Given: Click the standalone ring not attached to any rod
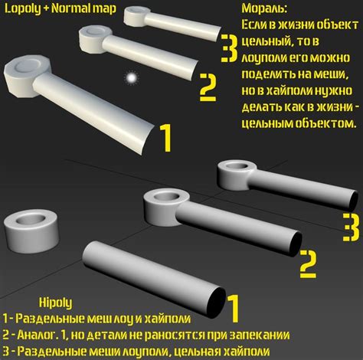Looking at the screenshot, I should pyautogui.click(x=32, y=227).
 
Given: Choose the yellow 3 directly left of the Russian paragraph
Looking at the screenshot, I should pyautogui.click(x=227, y=47).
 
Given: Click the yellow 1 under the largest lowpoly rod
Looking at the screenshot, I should pyautogui.click(x=164, y=139).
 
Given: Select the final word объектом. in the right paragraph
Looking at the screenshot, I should pyautogui.click(x=326, y=123).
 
